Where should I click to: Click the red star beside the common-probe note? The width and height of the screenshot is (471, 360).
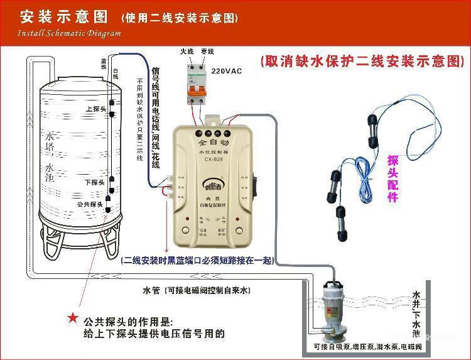73,319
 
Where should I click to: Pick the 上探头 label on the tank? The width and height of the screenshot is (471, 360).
94,108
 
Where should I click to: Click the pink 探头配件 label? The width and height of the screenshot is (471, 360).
393,178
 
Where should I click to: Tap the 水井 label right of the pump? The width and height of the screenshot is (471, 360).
416,302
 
